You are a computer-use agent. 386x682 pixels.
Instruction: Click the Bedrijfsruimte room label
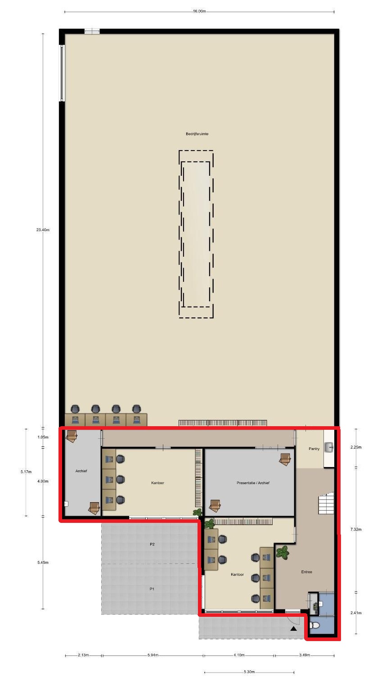point(197,134)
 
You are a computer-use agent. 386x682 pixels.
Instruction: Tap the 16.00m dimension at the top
point(199,11)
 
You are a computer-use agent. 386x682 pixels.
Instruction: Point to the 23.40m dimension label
point(43,230)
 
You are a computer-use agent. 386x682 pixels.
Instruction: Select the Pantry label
point(314,449)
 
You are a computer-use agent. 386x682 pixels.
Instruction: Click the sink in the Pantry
point(329,447)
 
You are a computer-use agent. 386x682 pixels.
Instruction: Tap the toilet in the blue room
point(314,625)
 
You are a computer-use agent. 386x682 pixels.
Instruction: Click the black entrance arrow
point(293,628)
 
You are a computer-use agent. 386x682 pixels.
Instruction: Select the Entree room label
point(306,572)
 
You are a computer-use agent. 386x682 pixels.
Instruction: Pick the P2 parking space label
point(152,544)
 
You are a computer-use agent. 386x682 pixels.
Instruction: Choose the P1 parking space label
point(152,589)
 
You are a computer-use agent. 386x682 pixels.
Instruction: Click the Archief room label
point(81,471)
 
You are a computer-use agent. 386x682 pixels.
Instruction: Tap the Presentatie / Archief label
point(253,483)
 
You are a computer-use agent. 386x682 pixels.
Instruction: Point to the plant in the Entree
point(283,552)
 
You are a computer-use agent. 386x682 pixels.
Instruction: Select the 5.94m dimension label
point(153,655)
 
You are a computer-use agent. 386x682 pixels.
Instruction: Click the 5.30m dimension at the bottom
point(249,672)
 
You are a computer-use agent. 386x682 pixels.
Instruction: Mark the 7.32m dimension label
point(356,530)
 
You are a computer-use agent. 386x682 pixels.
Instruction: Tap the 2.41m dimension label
point(356,613)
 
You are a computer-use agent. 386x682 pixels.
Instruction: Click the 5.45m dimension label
point(43,562)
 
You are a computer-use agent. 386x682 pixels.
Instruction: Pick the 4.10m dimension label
point(239,655)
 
